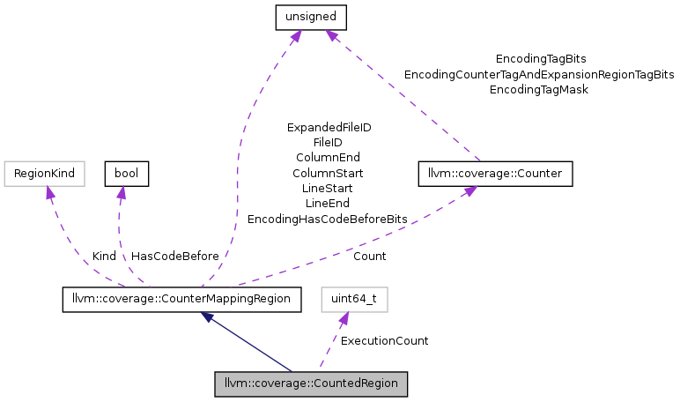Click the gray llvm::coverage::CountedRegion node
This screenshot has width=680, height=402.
click(312, 384)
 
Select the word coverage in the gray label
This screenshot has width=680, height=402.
click(281, 384)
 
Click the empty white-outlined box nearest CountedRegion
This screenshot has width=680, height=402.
click(354, 300)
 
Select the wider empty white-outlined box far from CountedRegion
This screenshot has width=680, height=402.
click(44, 174)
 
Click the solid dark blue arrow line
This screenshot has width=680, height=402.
click(251, 344)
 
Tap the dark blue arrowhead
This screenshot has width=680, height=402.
click(205, 316)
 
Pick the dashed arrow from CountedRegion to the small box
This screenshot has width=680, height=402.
click(330, 344)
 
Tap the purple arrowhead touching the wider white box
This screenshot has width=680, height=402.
click(49, 191)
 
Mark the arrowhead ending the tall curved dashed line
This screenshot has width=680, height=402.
click(296, 35)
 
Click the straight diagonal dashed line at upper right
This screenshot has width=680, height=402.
click(405, 97)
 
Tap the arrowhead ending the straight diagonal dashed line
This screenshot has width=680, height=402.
click(329, 35)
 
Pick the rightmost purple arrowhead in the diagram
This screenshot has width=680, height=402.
click(470, 190)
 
